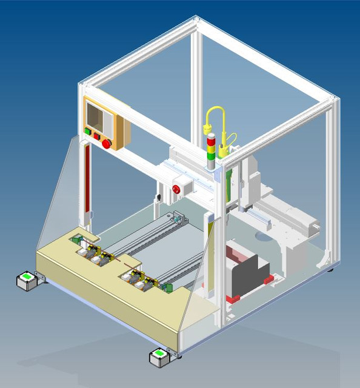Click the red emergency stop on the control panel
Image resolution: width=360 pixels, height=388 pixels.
click(107, 143)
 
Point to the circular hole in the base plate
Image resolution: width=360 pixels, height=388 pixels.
click(261, 237)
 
